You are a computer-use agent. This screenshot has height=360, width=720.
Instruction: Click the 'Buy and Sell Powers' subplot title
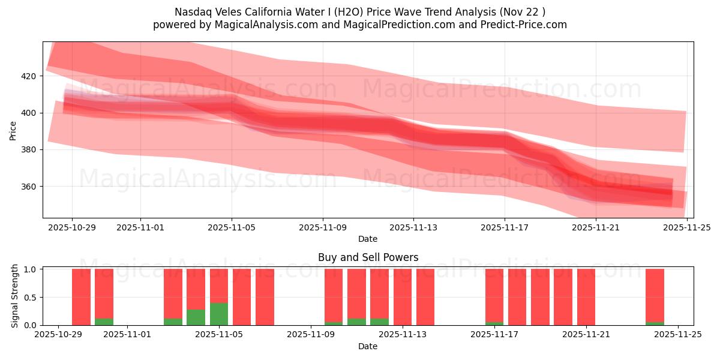[368, 257]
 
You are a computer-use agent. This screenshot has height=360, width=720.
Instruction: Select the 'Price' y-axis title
[13, 130]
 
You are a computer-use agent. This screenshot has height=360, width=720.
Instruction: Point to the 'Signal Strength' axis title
[16, 296]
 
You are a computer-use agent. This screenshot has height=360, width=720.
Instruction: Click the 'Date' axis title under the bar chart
[368, 346]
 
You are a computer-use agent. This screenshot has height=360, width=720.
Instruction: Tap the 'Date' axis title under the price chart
[368, 239]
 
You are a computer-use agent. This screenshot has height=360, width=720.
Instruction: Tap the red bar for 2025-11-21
[586, 297]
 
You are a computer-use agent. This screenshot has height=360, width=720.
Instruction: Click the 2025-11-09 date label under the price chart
[323, 227]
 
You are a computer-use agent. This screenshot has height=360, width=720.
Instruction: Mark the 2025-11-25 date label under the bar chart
[678, 335]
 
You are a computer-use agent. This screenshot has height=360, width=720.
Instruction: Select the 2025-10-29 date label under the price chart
[72, 227]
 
